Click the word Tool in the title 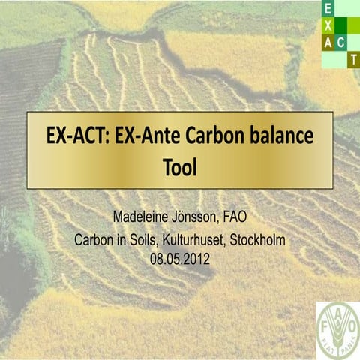179,166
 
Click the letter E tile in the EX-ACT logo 328,8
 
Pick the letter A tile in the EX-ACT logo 328,42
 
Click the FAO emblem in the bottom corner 337,330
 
